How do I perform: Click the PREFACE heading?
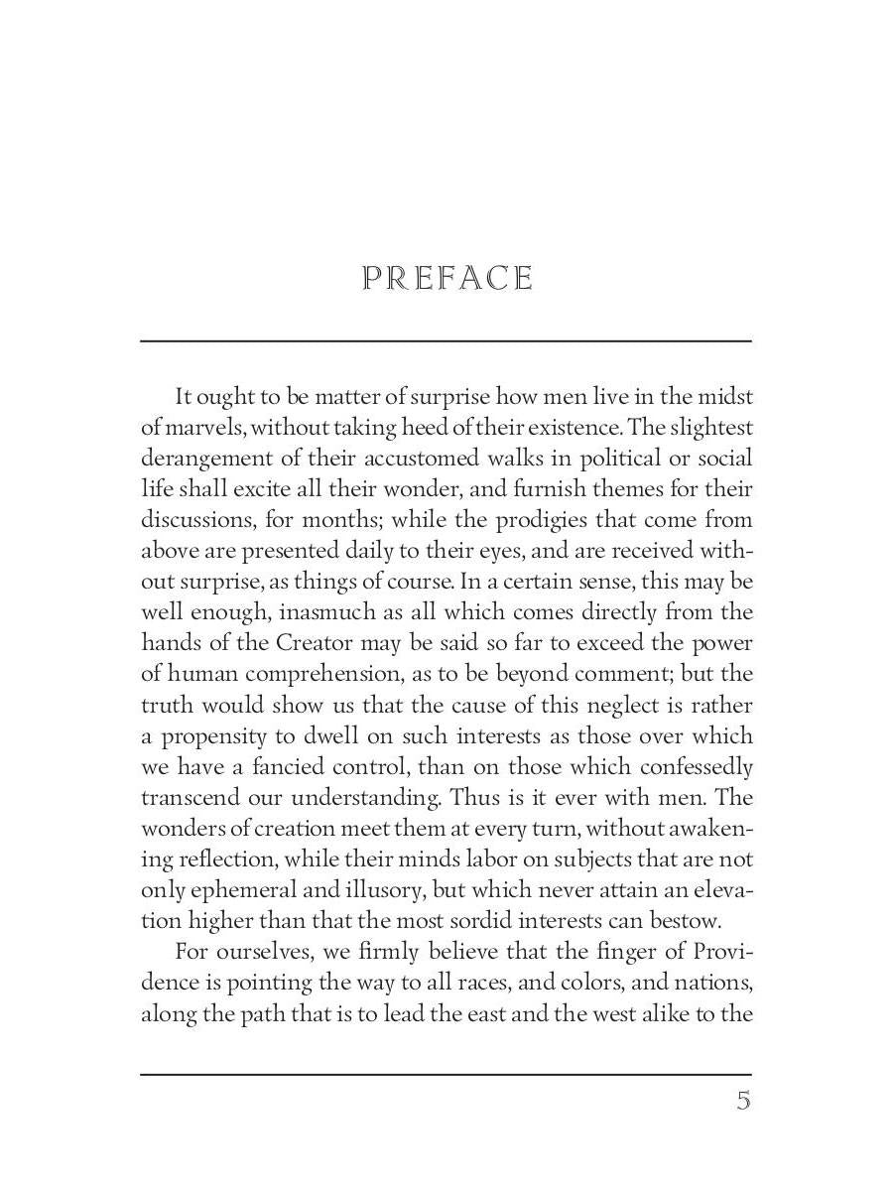click(447, 279)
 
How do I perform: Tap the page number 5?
click(743, 1101)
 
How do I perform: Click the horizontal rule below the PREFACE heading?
click(446, 341)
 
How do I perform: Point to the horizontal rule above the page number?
click(446, 1074)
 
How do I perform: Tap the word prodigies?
click(536, 520)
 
